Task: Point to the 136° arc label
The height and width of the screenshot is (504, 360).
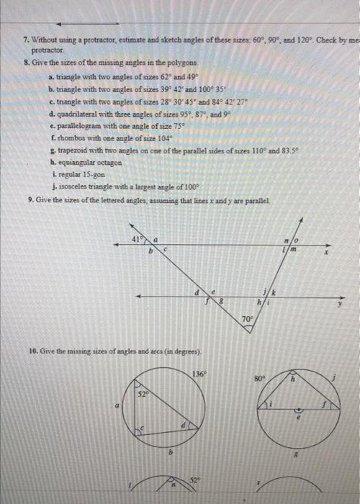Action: click(199, 374)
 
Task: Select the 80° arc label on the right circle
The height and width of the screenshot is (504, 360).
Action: click(261, 377)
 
